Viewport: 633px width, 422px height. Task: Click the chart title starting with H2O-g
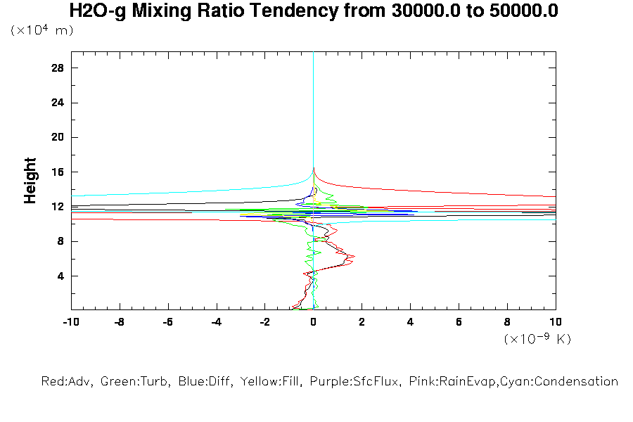point(314,11)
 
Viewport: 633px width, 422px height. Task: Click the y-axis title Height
point(30,181)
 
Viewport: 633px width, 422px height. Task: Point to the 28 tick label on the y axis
point(58,68)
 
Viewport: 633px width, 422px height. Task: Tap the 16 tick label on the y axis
point(58,172)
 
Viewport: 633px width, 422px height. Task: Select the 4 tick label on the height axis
point(61,276)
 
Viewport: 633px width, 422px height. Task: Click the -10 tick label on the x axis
point(70,321)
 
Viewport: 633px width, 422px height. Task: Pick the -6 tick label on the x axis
point(167,321)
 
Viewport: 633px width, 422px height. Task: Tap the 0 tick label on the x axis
point(313,321)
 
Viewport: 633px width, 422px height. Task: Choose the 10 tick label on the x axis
point(555,321)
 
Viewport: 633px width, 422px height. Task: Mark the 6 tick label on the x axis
point(459,321)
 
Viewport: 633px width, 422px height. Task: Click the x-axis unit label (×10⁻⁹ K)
point(537,339)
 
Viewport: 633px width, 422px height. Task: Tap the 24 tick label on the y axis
point(58,103)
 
